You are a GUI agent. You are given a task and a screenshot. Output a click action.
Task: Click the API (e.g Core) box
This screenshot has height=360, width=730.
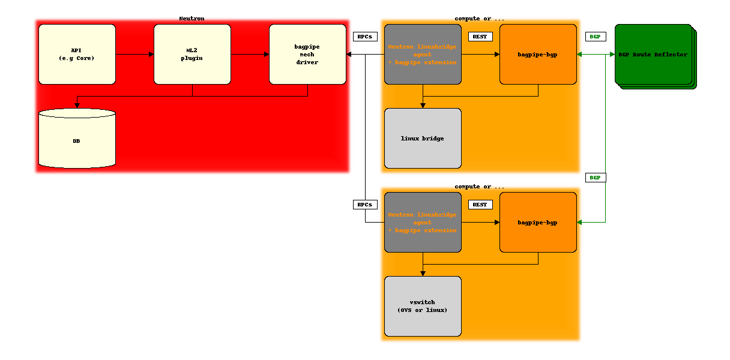[77, 55]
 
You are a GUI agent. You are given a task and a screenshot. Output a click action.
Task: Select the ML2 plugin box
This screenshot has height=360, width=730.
[192, 55]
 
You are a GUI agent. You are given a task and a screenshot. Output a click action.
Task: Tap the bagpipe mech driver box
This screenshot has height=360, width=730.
[307, 55]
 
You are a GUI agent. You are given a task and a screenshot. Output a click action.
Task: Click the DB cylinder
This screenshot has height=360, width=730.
[77, 139]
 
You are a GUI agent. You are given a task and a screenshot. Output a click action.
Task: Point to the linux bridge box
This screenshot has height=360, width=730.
[423, 139]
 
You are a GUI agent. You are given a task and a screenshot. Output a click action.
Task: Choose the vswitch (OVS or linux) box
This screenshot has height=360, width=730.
[423, 306]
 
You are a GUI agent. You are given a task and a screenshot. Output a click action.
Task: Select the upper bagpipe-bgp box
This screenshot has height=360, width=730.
[538, 55]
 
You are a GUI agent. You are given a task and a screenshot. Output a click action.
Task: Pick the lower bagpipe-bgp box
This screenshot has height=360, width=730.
[538, 222]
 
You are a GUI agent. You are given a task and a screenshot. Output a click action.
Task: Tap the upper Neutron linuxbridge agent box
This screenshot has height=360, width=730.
[423, 55]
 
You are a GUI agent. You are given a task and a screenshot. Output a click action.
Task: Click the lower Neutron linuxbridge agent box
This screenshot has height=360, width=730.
[423, 222]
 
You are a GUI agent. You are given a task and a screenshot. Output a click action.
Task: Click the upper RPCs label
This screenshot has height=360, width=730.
[365, 37]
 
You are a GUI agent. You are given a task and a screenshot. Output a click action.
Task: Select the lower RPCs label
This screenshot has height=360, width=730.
[365, 205]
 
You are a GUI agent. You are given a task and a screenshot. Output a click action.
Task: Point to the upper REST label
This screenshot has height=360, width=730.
[480, 37]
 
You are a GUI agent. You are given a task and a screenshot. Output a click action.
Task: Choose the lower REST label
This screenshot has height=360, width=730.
[480, 205]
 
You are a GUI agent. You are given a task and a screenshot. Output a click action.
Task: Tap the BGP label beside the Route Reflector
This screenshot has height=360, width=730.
[596, 37]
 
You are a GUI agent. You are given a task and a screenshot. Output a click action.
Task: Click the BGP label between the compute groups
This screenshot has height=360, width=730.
[596, 178]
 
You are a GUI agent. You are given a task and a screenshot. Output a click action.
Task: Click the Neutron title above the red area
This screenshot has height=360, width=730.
[192, 19]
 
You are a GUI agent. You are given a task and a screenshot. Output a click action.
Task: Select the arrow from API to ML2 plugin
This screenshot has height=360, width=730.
[135, 55]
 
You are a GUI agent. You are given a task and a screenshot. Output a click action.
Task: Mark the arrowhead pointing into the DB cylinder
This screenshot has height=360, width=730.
[77, 106]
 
